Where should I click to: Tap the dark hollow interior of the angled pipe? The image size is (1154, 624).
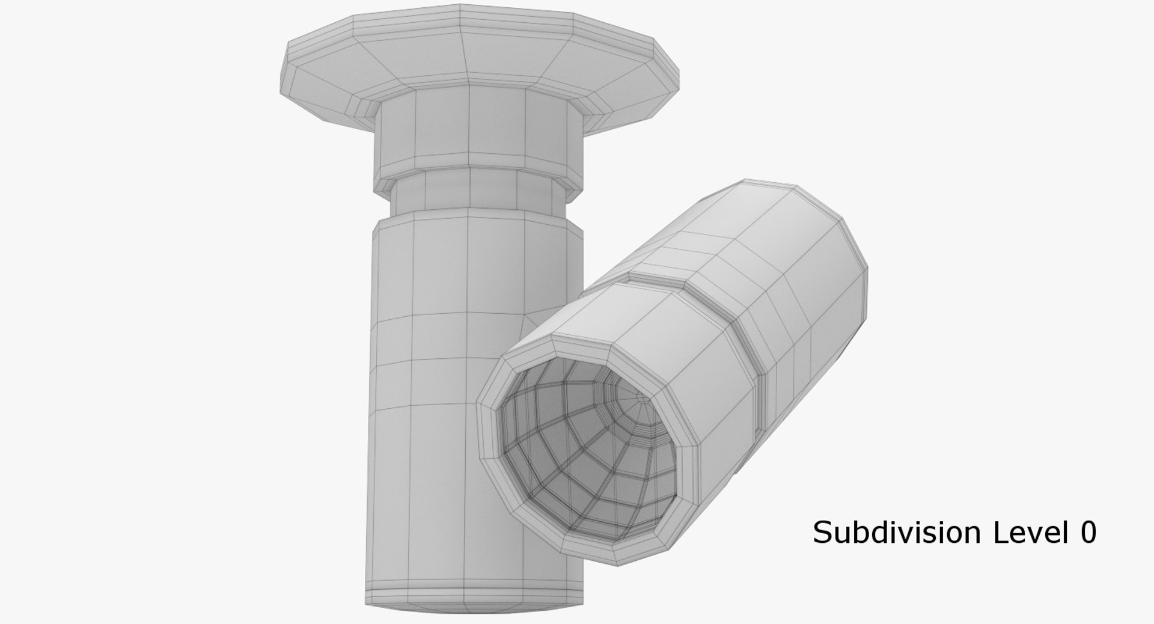tap(577, 457)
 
